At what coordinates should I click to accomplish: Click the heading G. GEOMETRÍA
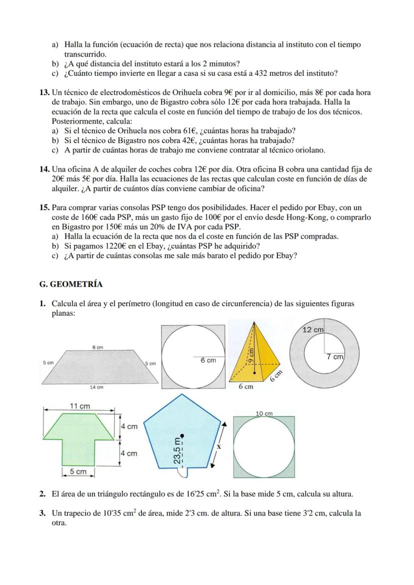coord(70,284)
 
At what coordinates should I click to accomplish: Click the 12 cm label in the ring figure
coord(313,330)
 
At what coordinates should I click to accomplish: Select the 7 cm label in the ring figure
coord(334,357)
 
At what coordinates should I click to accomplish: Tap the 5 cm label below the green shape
coord(77,471)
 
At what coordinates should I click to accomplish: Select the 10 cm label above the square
coord(264,413)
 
